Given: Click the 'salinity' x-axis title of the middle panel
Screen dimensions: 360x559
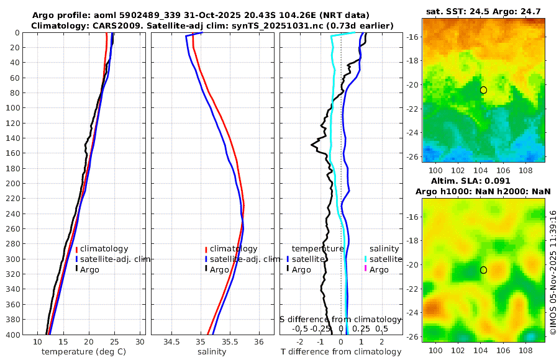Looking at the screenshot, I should pyautogui.click(x=211, y=352).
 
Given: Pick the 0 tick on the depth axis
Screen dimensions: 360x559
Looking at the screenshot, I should pyautogui.click(x=17, y=32).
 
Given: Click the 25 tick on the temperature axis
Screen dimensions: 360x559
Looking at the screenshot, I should pyautogui.click(x=115, y=342).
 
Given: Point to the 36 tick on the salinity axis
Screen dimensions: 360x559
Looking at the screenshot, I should pyautogui.click(x=260, y=342).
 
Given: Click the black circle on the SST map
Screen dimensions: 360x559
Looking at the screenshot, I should pyautogui.click(x=483, y=90).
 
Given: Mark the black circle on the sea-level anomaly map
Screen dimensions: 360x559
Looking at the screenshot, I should pyautogui.click(x=483, y=270).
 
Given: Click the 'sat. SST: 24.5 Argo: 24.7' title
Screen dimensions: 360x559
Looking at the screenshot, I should pyautogui.click(x=484, y=12).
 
